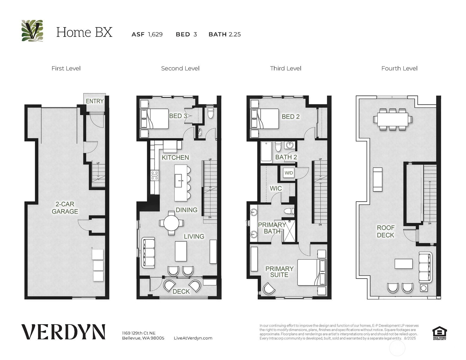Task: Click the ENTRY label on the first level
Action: (95, 101)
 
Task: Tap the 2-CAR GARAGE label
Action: (65, 208)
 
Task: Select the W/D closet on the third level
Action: (289, 173)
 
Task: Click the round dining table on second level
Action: (171, 223)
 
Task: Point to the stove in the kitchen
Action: (155, 175)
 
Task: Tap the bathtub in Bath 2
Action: (266, 152)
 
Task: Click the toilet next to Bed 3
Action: (211, 112)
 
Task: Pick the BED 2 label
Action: (290, 117)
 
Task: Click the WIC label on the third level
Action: (276, 188)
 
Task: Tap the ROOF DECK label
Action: (385, 231)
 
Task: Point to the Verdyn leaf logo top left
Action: (32, 31)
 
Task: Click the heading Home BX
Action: (84, 32)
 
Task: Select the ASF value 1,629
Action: (155, 34)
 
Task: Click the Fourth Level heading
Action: (399, 68)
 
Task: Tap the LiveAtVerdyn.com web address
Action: (193, 338)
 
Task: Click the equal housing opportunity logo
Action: (439, 333)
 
